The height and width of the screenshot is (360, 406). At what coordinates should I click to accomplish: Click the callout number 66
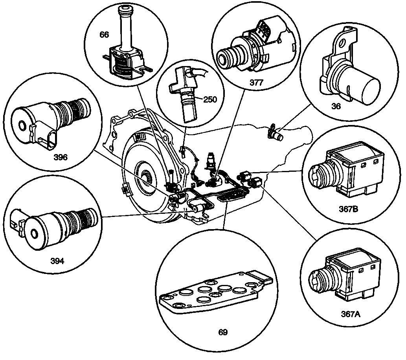[104, 35]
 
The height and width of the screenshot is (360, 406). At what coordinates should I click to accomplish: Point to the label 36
[336, 106]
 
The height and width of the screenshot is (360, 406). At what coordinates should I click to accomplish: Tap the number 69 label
[223, 332]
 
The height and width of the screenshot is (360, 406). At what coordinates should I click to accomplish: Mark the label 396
[60, 157]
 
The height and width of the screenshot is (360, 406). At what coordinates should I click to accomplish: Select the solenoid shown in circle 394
[55, 228]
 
